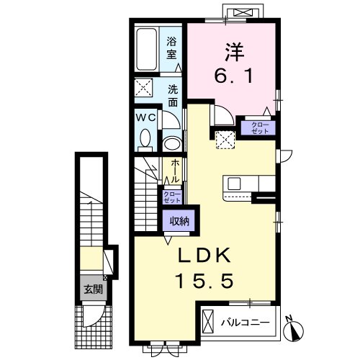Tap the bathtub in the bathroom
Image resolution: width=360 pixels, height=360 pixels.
coord(146,50)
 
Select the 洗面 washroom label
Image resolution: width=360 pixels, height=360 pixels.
coord(173,96)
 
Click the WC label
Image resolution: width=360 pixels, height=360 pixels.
coord(146,117)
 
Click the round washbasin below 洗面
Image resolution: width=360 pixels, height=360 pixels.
coord(172,144)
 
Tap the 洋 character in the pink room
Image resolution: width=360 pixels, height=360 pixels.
coord(234,52)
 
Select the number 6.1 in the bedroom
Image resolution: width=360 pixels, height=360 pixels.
coord(233,76)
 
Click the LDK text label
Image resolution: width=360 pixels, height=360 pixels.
coord(204,255)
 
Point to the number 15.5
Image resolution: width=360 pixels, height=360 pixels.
coord(204,281)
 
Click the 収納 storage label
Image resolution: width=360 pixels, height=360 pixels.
coord(179,221)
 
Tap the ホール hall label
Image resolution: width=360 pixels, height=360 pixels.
coord(175,171)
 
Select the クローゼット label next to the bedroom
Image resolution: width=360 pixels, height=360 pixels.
coord(260,128)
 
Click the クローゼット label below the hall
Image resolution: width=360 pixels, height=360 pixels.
coord(172,197)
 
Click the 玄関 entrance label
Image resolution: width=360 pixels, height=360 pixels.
coord(93,289)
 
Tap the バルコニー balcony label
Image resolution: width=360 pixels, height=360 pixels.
coord(246,323)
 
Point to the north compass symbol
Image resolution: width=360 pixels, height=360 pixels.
coord(293,330)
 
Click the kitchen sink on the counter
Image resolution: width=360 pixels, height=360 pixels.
coord(234,184)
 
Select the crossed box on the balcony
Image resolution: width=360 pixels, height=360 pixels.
coord(208,322)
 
